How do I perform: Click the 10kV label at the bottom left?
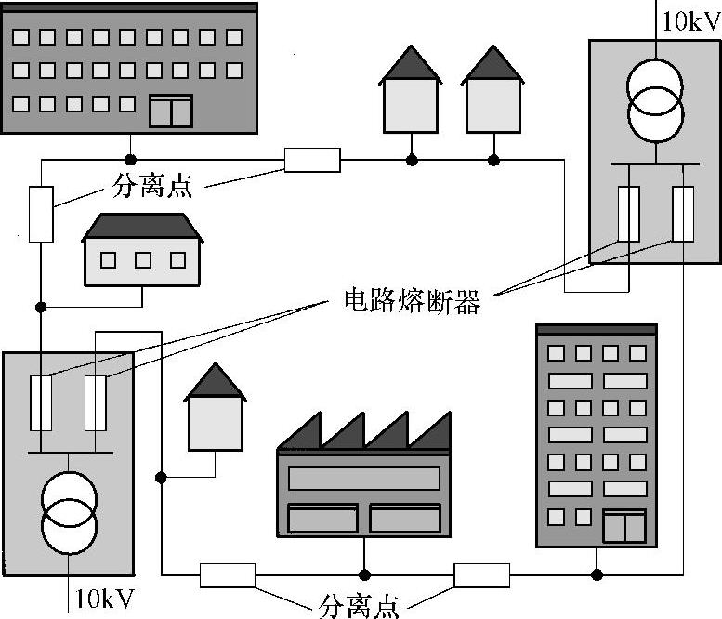pyautogui.click(x=104, y=597)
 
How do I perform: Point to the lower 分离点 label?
pyautogui.click(x=360, y=606)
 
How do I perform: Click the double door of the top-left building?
pyautogui.click(x=171, y=111)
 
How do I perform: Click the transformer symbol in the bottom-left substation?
pyautogui.click(x=69, y=510)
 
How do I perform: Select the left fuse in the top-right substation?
pyautogui.click(x=629, y=214)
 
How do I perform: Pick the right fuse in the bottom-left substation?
pyautogui.click(x=96, y=403)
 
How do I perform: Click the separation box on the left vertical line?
pyautogui.click(x=41, y=215)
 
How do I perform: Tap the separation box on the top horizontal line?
pyautogui.click(x=312, y=160)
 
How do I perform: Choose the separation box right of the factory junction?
pyautogui.click(x=481, y=575)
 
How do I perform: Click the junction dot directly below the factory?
pyautogui.click(x=365, y=574)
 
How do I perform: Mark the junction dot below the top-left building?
pyautogui.click(x=131, y=160)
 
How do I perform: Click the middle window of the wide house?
pyautogui.click(x=142, y=260)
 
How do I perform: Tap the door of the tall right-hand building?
pyautogui.click(x=624, y=525)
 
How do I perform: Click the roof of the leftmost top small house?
pyautogui.click(x=410, y=64)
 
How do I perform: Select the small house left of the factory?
pyautogui.click(x=215, y=415)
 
